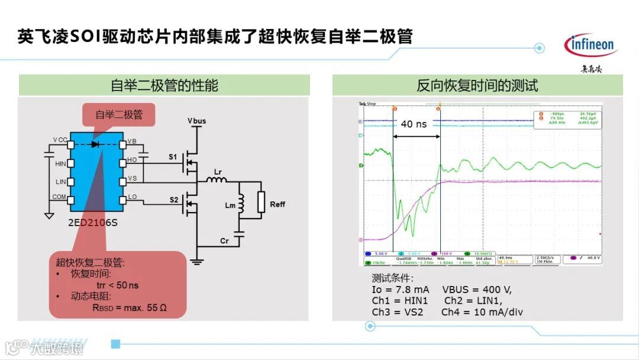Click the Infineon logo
(x=590, y=45)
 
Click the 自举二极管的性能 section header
(x=164, y=85)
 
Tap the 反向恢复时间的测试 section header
(x=477, y=85)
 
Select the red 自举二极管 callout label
(x=119, y=114)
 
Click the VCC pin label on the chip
(x=60, y=140)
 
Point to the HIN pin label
(x=60, y=163)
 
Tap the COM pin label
(x=59, y=197)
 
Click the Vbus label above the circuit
(x=197, y=121)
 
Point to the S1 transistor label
(x=173, y=157)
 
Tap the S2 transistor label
(x=173, y=200)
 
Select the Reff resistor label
(x=277, y=204)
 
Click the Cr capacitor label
(x=224, y=242)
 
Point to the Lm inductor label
(x=230, y=205)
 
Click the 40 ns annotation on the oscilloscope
(x=414, y=124)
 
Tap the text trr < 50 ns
(x=117, y=285)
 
